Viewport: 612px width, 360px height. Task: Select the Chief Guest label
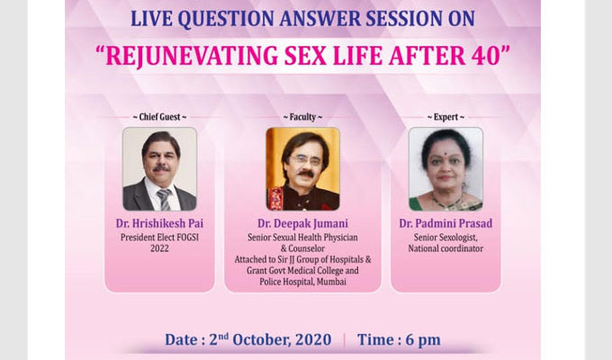click(159, 117)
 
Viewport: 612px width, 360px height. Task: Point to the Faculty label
click(303, 117)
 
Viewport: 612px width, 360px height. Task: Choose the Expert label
click(445, 117)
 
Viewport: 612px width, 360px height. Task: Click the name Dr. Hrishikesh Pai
click(159, 223)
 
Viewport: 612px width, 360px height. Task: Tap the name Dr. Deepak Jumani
click(303, 223)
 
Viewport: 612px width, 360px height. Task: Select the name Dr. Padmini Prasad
click(445, 223)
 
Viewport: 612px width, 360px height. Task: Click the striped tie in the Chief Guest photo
click(165, 200)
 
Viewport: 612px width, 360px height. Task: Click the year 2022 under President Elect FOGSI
click(159, 248)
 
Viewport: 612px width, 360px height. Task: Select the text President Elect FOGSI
click(159, 238)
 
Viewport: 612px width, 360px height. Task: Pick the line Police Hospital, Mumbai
click(303, 282)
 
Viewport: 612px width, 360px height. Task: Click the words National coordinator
click(445, 248)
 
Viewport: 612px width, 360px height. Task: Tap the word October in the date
click(262, 339)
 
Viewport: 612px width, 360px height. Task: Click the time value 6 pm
click(423, 340)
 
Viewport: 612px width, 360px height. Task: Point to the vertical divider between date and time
click(344, 340)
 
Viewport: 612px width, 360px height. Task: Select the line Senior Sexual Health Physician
click(303, 238)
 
